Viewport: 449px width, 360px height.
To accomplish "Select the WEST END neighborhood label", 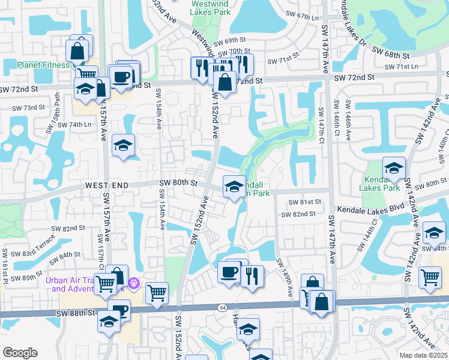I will tap(107, 186).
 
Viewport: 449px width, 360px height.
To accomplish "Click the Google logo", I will tap(20, 352).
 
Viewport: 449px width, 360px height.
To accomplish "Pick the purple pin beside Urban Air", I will tap(133, 281).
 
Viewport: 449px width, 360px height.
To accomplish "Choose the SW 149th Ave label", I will tap(285, 277).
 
